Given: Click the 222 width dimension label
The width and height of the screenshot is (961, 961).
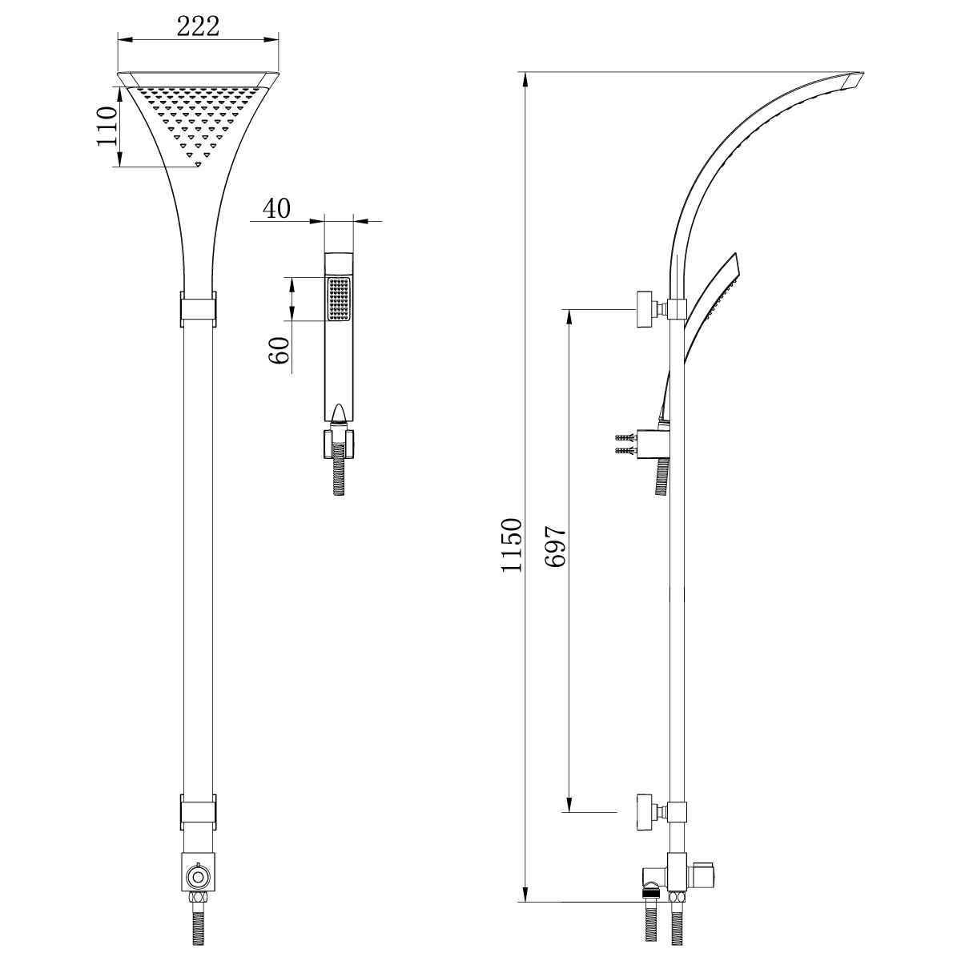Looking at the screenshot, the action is (198, 26).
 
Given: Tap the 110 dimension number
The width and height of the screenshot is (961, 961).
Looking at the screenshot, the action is (107, 127).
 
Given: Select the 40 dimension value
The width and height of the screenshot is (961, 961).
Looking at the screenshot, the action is (276, 208).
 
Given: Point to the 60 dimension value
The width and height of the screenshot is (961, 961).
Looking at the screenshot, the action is (279, 350).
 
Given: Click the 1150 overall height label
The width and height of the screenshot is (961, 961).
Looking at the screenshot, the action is (512, 545).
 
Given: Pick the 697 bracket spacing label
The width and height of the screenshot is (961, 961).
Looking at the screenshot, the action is (556, 546).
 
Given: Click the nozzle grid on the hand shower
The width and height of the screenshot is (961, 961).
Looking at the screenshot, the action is (339, 299).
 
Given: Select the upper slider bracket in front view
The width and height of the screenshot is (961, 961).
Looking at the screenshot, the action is (198, 308).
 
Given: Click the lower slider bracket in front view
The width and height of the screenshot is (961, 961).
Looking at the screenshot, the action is (198, 812).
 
